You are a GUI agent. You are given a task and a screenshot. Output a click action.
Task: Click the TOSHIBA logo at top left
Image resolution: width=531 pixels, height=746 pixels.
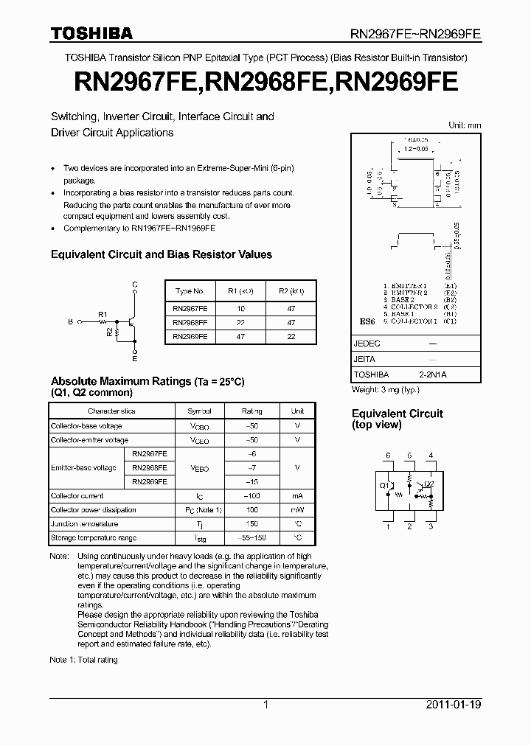(91, 33)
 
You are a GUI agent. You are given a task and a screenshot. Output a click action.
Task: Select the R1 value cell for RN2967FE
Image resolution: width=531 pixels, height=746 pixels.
(240, 309)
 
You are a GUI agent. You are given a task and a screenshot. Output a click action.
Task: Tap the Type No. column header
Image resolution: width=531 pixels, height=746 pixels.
(190, 291)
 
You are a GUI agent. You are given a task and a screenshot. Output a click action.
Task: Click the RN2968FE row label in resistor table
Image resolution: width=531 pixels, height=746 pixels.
(190, 322)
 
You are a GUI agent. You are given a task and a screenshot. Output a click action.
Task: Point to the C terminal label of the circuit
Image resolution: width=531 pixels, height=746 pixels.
(134, 285)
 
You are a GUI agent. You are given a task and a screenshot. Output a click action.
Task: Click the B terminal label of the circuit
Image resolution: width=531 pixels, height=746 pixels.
(70, 322)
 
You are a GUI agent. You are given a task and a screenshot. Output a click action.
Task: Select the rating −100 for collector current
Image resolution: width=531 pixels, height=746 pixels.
(251, 496)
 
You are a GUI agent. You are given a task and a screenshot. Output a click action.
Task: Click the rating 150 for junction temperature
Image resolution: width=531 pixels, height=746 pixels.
(251, 524)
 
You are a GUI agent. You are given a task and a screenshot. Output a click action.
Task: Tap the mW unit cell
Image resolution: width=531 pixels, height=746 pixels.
(297, 510)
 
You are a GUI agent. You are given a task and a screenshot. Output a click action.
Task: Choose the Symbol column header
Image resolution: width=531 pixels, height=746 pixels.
(199, 411)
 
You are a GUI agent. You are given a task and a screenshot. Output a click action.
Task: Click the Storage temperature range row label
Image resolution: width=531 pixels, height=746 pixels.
(85, 538)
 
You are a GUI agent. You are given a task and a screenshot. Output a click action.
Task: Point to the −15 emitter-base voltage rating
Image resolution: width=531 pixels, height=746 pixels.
(251, 481)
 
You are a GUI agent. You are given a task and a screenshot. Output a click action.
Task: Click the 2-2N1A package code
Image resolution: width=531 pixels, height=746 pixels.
(432, 374)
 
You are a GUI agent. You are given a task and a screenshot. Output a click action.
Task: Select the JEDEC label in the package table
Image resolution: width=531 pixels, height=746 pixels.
(367, 344)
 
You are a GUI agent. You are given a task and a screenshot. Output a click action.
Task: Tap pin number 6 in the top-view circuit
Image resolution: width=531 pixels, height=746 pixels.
(388, 456)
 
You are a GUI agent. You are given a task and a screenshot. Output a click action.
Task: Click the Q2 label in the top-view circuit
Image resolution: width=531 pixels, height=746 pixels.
(430, 484)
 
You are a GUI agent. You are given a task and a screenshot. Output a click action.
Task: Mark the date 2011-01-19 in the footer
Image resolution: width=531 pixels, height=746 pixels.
(453, 705)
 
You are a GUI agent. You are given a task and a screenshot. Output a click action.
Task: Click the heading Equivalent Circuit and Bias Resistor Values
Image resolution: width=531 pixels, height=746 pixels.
(161, 254)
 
